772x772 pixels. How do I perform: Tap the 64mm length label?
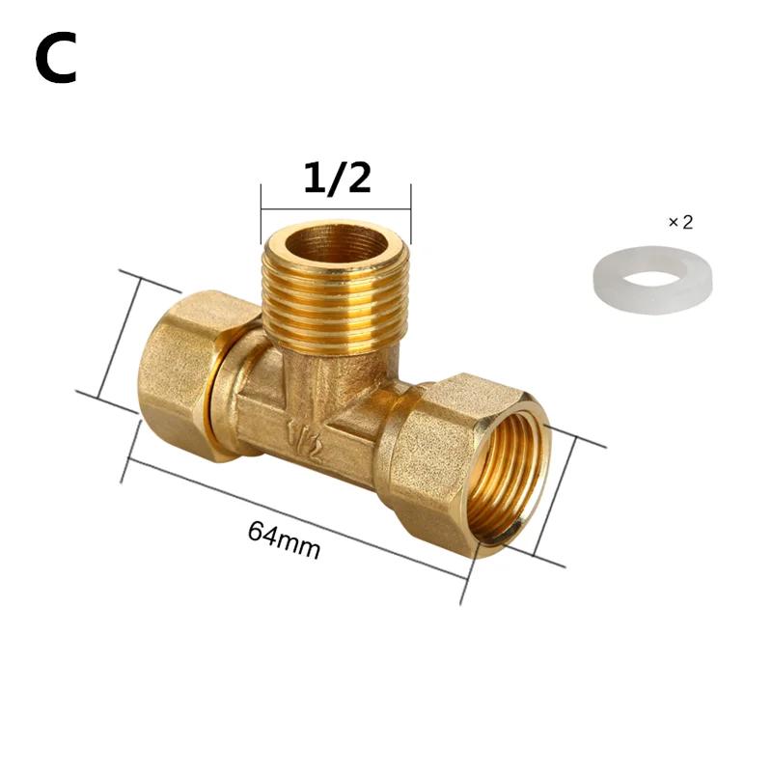click(284, 542)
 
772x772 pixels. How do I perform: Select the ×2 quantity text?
click(680, 222)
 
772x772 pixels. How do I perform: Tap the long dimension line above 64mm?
click(294, 516)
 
